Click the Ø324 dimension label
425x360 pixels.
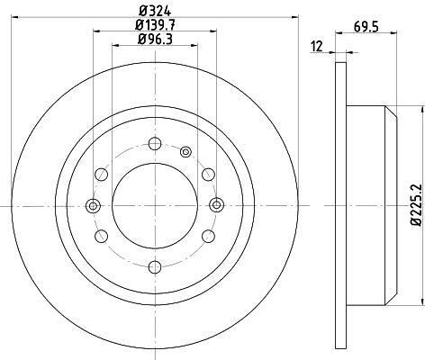[x=155, y=12]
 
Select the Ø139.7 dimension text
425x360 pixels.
[x=155, y=25]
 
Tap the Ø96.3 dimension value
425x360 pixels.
[x=155, y=40]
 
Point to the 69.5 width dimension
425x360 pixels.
[x=366, y=27]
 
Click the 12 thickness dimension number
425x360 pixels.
[x=317, y=47]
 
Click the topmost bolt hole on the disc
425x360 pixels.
[x=155, y=143]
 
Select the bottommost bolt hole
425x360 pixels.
[x=155, y=267]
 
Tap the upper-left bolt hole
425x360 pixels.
[x=102, y=175]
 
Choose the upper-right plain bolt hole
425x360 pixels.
[x=208, y=175]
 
